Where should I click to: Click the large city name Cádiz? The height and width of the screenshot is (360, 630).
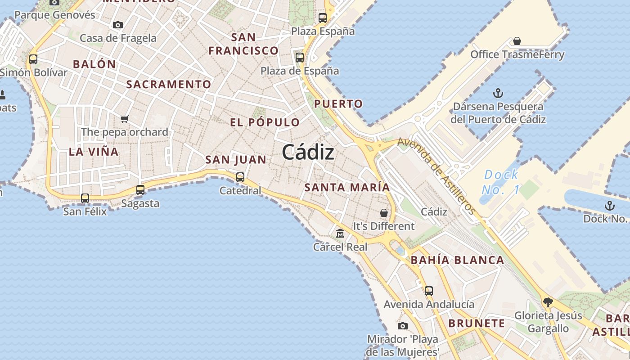coord(308,153)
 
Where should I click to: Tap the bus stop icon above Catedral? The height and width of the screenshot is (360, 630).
coord(240,177)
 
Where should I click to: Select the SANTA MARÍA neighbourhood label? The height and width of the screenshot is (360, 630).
coord(347,187)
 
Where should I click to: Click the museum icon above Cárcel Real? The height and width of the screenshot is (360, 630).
coord(340,233)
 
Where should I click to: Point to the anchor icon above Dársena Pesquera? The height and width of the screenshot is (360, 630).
coord(498,93)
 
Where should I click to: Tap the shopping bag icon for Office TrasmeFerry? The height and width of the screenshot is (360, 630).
coord(517,41)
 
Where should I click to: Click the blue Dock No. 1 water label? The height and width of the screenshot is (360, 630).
coord(501,182)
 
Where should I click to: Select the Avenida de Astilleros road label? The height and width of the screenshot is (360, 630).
coord(436,175)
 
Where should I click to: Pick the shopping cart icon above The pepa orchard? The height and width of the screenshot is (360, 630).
coord(125,119)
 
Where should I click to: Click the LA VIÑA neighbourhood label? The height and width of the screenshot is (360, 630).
coord(94,152)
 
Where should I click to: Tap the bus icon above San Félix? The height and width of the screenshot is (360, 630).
coord(85,198)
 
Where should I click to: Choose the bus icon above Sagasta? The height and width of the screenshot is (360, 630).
coord(140,189)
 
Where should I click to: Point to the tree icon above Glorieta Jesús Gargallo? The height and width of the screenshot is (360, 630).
coord(548,302)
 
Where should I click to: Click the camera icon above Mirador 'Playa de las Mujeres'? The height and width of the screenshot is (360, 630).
coord(403,326)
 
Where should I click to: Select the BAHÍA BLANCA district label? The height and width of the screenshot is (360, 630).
coord(457,260)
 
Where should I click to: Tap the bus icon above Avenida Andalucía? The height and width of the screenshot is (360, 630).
coord(429,291)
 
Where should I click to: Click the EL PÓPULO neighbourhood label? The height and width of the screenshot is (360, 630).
coord(265,122)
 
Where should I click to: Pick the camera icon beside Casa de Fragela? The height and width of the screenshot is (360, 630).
coord(118,25)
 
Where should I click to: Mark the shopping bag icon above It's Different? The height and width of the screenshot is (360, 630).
coord(384,212)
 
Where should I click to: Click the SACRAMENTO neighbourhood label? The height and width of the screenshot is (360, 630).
coord(168,84)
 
